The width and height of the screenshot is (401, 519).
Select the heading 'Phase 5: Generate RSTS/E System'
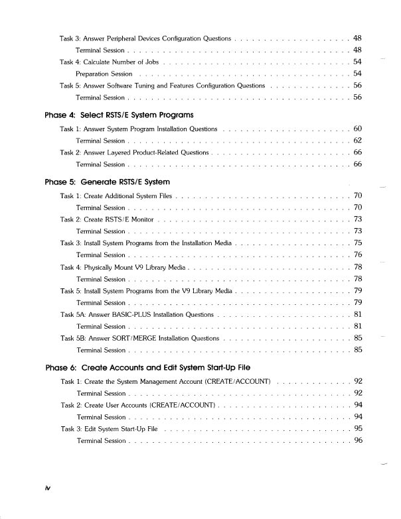[x=107, y=182]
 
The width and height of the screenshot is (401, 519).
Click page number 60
[x=358, y=128]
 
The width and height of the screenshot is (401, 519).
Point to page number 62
[x=358, y=140]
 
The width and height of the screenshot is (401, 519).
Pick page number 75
[x=358, y=243]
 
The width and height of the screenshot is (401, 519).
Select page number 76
[x=358, y=255]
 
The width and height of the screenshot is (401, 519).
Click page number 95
[x=358, y=428]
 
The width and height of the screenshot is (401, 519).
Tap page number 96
[x=358, y=440]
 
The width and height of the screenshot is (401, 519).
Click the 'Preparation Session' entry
[x=104, y=74]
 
